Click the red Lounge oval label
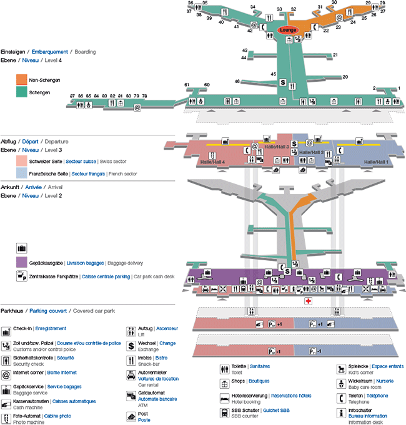point(288,29)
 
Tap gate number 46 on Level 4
point(237,81)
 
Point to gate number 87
point(72,95)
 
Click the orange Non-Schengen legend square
point(21,80)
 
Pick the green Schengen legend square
point(21,92)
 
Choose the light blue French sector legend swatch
point(21,173)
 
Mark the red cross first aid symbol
point(308,301)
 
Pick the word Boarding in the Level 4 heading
point(85,52)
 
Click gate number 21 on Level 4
point(335,55)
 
